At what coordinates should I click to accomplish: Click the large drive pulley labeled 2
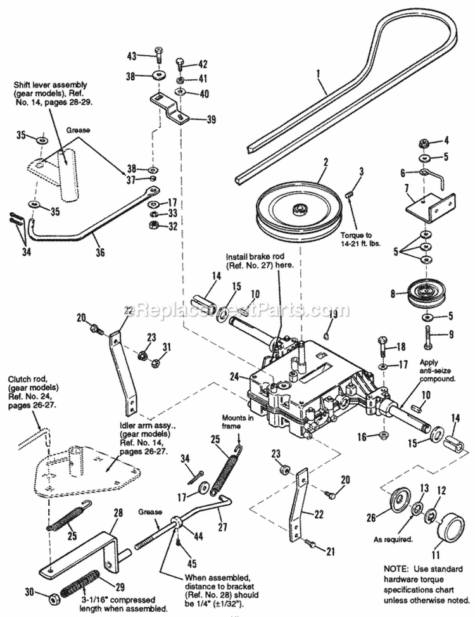coord(296,208)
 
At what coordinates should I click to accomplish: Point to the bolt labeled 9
coord(427,334)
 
